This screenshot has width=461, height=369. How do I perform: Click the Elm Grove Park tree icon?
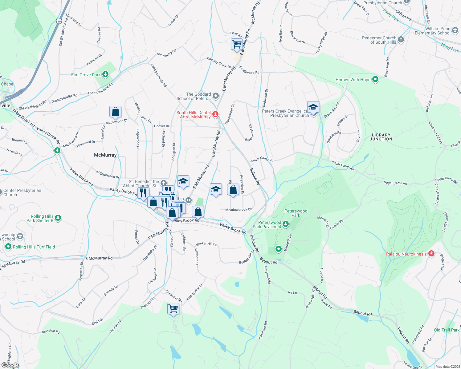click(105, 74)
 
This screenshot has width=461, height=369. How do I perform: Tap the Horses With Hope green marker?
click(375, 79)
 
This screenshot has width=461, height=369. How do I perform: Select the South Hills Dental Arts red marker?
click(215, 114)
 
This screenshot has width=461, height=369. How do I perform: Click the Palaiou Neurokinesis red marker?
click(431, 254)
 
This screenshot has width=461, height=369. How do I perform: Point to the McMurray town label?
click(105, 155)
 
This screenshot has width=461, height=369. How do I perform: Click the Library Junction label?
click(381, 137)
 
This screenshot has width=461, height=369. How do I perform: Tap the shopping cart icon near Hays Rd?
click(237, 44)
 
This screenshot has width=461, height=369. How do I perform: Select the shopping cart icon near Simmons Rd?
click(173, 308)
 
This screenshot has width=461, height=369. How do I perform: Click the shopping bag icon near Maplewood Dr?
click(115, 112)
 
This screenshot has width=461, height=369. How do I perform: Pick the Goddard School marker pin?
click(215, 96)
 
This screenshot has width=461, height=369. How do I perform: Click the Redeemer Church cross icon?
click(401, 39)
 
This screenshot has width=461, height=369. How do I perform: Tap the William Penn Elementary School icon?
click(455, 31)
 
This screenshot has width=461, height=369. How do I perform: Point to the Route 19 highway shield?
click(59, 21)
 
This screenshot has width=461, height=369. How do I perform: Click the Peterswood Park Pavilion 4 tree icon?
click(286, 224)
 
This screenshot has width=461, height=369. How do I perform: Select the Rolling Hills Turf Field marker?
click(8, 247)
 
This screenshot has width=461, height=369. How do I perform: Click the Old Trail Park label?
click(447, 330)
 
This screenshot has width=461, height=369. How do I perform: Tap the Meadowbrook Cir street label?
click(239, 210)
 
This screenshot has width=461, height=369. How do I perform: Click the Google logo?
click(10, 365)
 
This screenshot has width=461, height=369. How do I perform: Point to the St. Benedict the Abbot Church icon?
click(163, 184)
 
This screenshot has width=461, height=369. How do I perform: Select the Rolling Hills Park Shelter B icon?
click(58, 218)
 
